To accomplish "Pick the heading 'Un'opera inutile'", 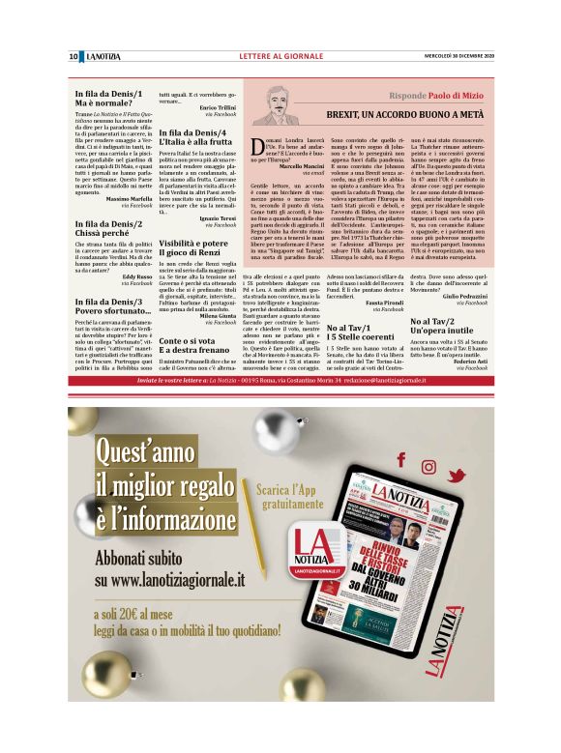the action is pos(452,329).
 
